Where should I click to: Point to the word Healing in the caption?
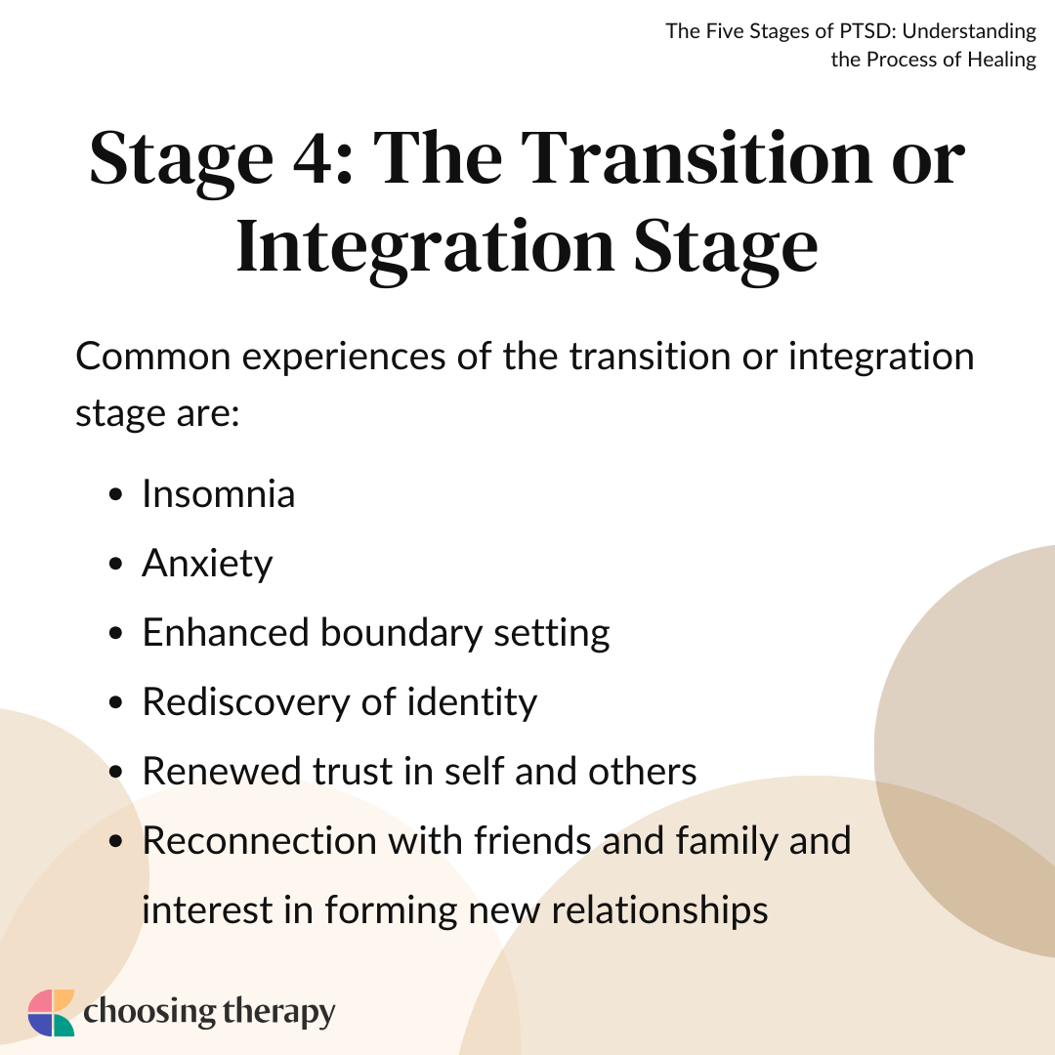[1002, 60]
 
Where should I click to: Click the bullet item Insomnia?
[219, 494]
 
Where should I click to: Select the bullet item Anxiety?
[207, 564]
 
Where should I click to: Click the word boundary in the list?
[401, 633]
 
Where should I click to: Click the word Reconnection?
[259, 841]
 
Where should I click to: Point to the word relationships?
[660, 910]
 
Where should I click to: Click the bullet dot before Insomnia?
[115, 494]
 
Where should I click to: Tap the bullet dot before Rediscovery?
[115, 702]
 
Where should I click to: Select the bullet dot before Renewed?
[115, 771]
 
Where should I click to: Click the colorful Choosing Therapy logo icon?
[51, 1013]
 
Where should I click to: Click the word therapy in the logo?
[278, 1013]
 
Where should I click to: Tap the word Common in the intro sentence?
[153, 356]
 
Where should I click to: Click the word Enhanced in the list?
[226, 633]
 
